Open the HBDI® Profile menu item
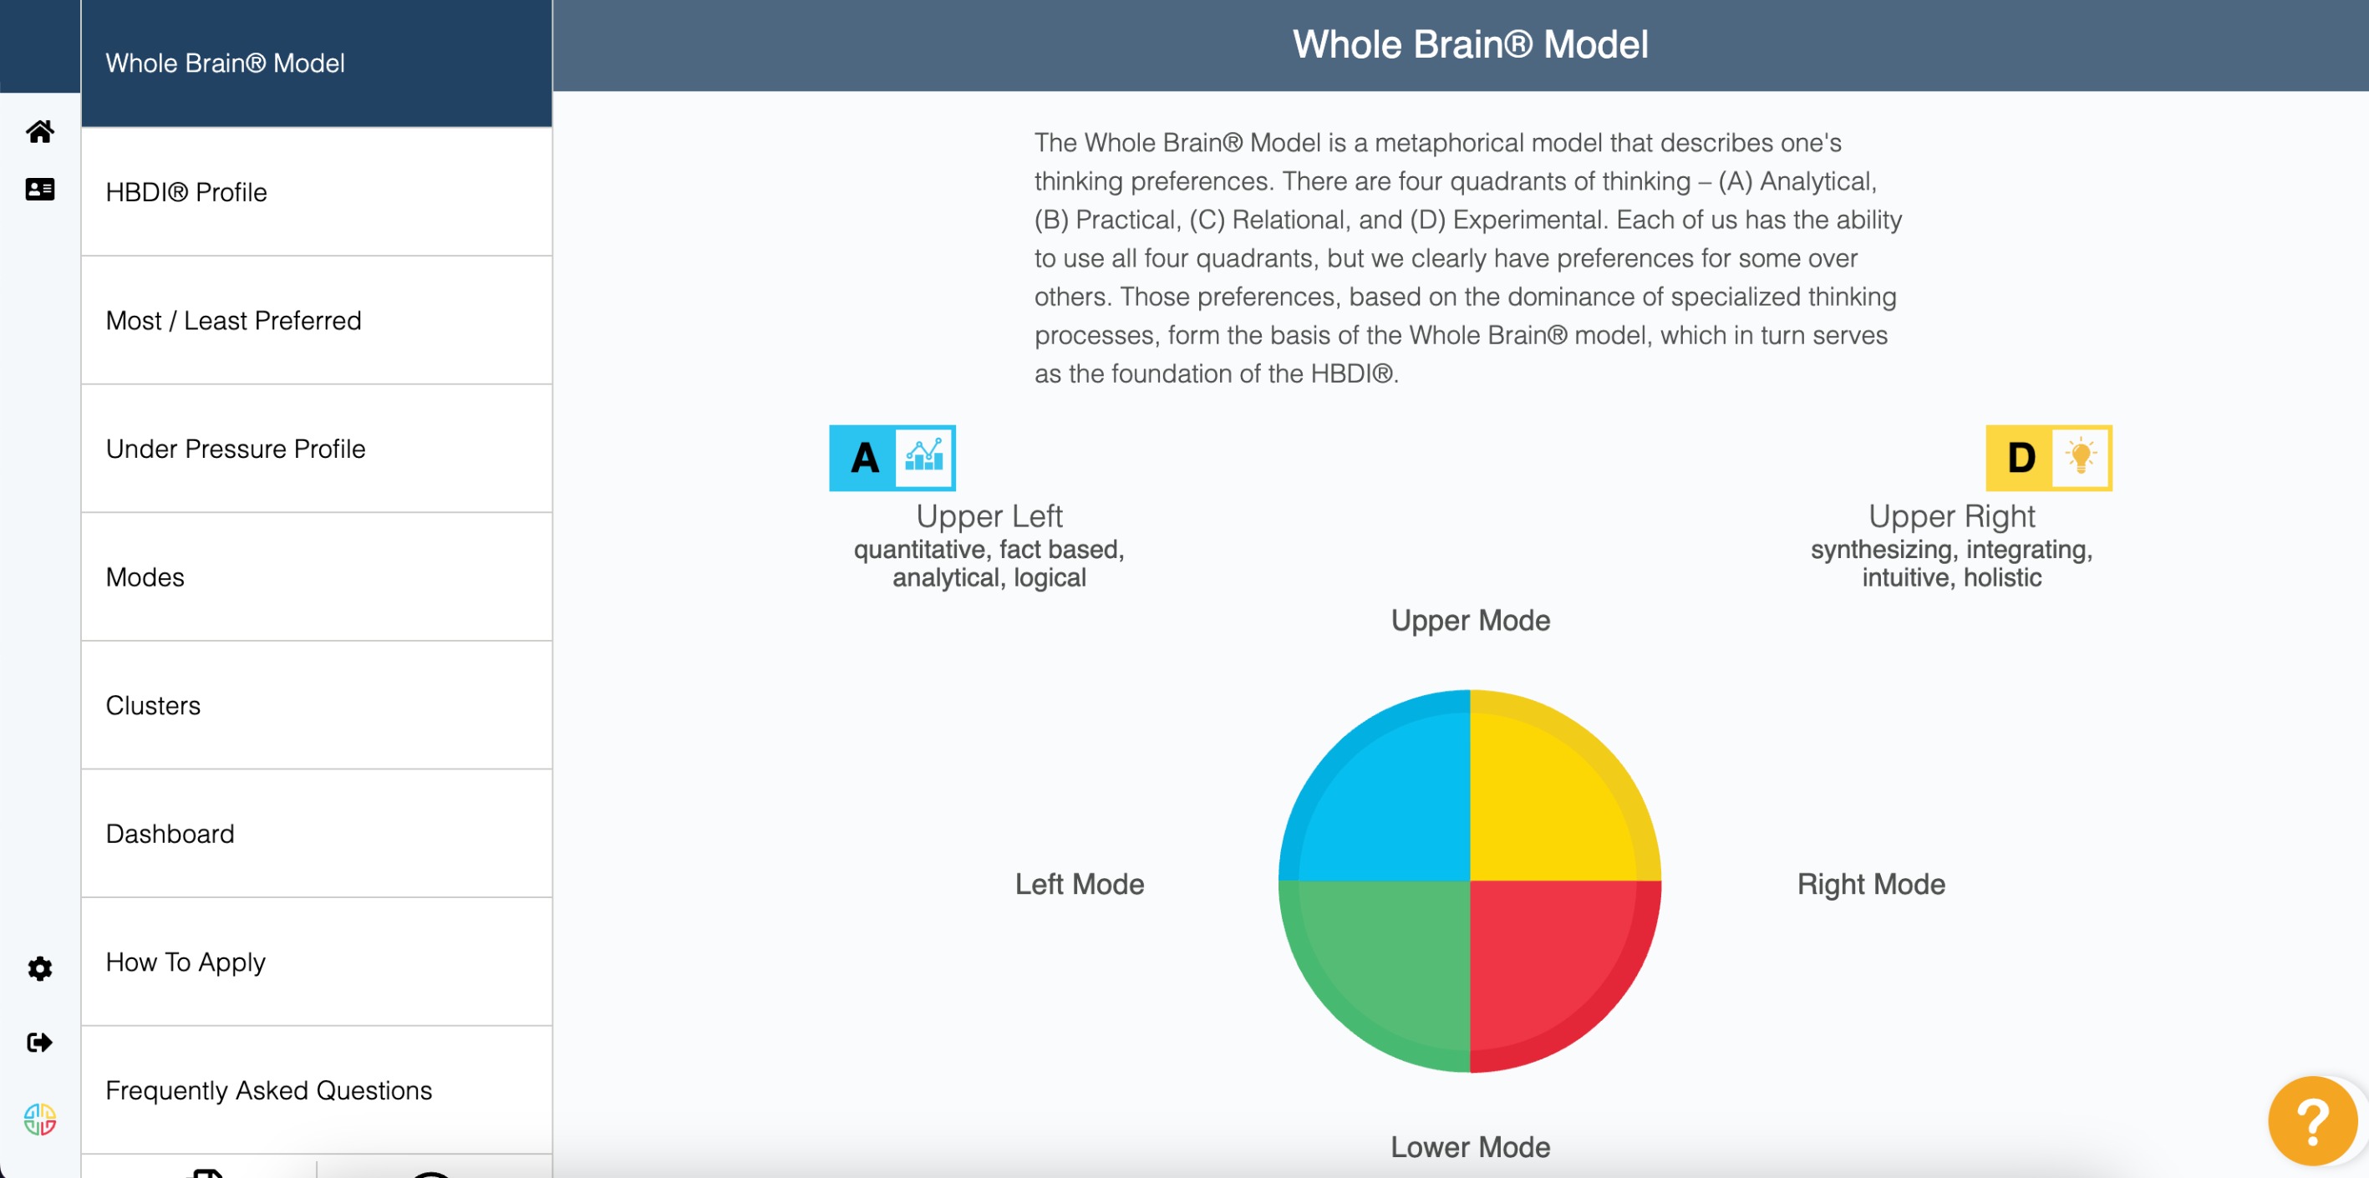point(186,192)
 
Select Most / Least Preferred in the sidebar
point(234,321)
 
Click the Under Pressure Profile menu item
point(236,449)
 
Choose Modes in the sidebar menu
point(145,577)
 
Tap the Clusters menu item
point(153,705)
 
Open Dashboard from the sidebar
point(170,834)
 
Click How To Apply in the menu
point(186,962)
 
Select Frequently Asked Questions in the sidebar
point(268,1090)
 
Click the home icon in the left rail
point(39,131)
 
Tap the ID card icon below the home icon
point(39,190)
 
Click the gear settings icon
point(39,968)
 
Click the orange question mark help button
point(2311,1120)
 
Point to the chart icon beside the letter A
point(924,457)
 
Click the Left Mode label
point(1080,885)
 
